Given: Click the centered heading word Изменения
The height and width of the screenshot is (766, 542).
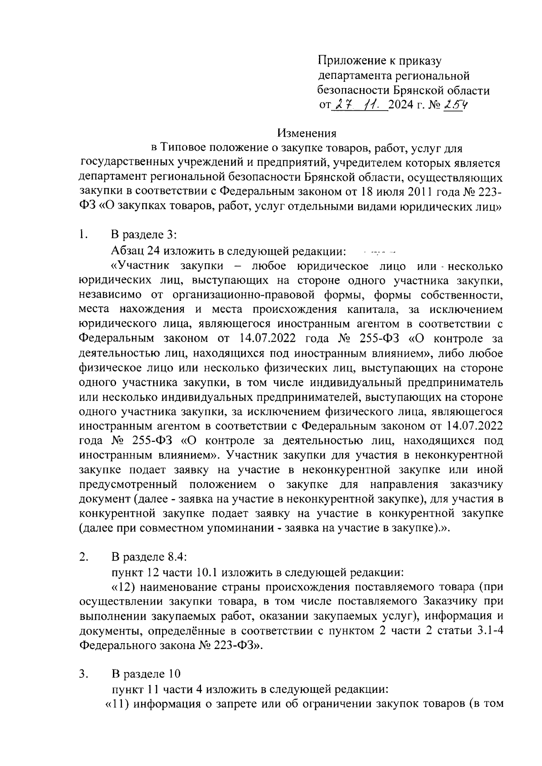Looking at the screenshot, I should [x=307, y=133].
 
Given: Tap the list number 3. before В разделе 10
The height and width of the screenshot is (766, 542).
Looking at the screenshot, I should [x=83, y=674].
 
